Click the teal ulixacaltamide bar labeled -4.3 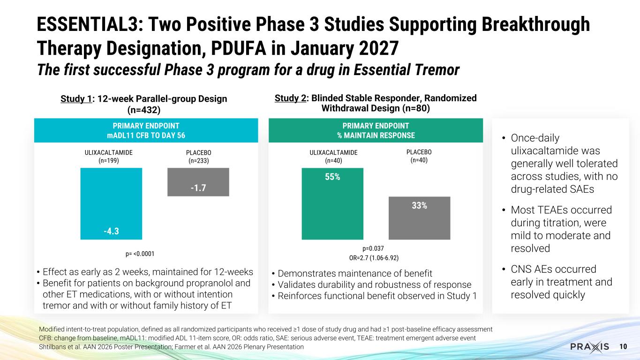111,203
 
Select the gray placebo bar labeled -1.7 198,182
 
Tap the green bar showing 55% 332,203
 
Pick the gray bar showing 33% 420,218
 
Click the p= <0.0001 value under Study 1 140,254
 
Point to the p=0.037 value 373,248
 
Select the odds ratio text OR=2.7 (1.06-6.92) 374,258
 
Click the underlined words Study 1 76,99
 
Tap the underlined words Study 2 290,98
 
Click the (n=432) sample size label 144,110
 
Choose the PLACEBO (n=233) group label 199,157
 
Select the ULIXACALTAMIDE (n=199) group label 109,157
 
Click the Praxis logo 589,346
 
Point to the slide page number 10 623,346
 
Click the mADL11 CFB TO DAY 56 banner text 146,135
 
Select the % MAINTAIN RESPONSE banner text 376,135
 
